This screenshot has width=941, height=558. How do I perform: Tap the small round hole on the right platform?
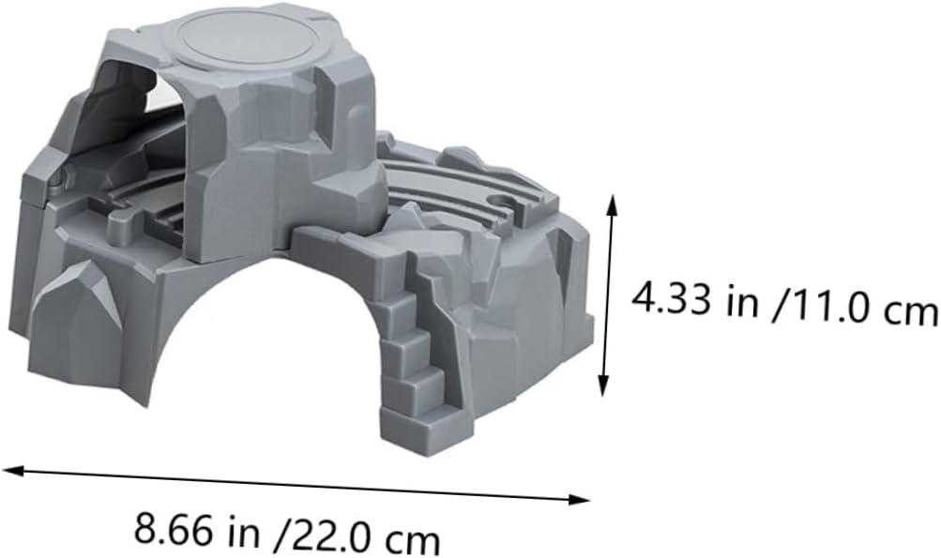pos(501,201)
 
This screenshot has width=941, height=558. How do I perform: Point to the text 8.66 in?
pos(197,529)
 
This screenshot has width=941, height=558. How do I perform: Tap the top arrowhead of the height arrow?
pos(612,204)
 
